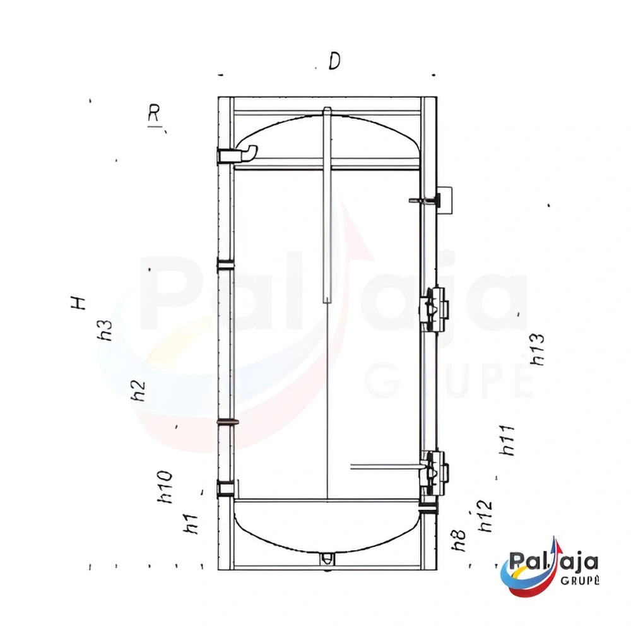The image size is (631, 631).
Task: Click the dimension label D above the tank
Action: coord(334,61)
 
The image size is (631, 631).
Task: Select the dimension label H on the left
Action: coord(78,303)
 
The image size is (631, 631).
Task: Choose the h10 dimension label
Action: coord(165,487)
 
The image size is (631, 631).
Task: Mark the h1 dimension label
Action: coord(191,524)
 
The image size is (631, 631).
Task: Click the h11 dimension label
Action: coord(507,440)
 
